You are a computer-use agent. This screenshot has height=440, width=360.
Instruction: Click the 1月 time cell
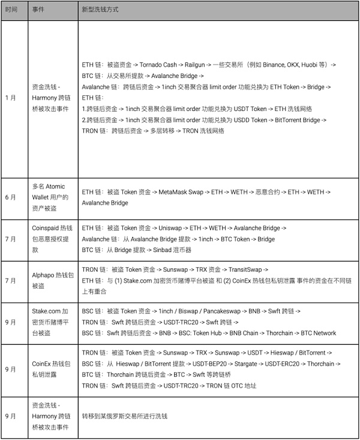[x=10, y=98]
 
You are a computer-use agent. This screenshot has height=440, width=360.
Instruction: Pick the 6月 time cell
[x=10, y=197]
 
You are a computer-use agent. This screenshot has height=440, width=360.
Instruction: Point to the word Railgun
[x=195, y=64]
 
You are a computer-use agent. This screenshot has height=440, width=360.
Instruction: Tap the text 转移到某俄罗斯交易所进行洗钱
[x=125, y=415]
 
